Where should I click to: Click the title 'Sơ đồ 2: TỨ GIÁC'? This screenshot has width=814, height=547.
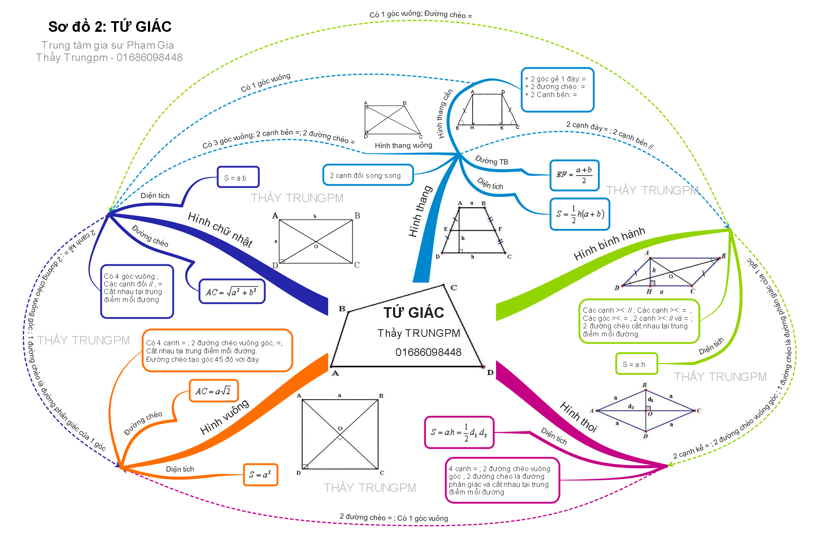pyautogui.click(x=110, y=27)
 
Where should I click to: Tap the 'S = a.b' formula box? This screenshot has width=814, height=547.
pyautogui.click(x=238, y=177)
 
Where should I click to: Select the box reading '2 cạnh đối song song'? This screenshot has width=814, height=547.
pyautogui.click(x=368, y=175)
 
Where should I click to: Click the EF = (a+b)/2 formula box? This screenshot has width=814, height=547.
pyautogui.click(x=574, y=175)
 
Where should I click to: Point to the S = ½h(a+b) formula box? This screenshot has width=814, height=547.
pyautogui.click(x=580, y=214)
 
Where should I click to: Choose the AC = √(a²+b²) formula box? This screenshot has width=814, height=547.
pyautogui.click(x=232, y=292)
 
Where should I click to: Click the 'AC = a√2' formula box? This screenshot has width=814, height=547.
pyautogui.click(x=213, y=391)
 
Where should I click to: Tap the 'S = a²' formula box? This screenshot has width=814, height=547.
pyautogui.click(x=260, y=475)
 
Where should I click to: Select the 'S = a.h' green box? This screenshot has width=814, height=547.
pyautogui.click(x=636, y=364)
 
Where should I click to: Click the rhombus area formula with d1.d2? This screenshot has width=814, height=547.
pyautogui.click(x=459, y=432)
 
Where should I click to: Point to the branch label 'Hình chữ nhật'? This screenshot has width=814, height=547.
pyautogui.click(x=220, y=229)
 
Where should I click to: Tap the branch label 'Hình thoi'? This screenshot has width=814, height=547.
pyautogui.click(x=578, y=417)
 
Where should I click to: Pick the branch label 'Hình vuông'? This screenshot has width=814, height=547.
pyautogui.click(x=225, y=417)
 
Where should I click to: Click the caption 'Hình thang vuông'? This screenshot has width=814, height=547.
pyautogui.click(x=403, y=145)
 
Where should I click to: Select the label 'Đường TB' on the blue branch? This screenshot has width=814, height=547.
pyautogui.click(x=491, y=161)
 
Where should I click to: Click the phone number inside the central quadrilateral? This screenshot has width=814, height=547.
pyautogui.click(x=428, y=352)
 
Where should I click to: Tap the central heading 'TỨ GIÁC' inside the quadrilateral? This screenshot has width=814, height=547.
pyautogui.click(x=414, y=313)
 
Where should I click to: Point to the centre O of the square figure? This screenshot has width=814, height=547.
pyautogui.click(x=340, y=433)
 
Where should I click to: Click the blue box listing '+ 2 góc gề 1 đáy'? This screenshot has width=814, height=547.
pyautogui.click(x=557, y=90)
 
